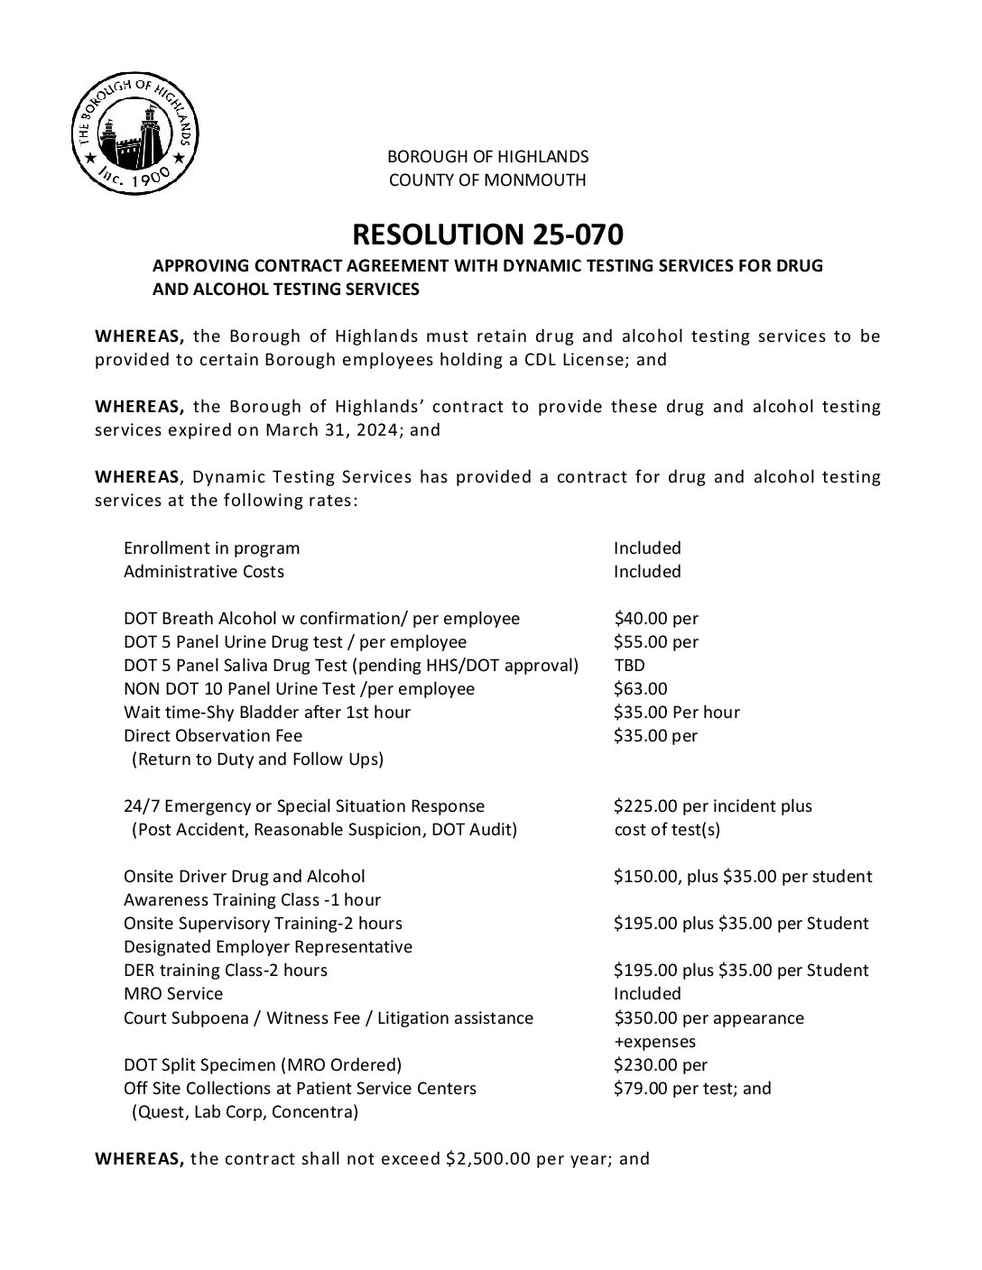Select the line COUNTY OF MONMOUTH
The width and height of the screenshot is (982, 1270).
(487, 180)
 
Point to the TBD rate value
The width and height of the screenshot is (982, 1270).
(629, 666)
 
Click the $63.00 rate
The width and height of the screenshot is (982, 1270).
(641, 689)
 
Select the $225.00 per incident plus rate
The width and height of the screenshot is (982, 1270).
(713, 806)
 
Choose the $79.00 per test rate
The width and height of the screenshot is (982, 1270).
(692, 1088)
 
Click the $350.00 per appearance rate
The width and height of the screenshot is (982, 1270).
(709, 1017)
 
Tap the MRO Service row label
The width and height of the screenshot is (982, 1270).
(173, 994)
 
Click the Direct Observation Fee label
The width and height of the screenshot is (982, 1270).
(213, 736)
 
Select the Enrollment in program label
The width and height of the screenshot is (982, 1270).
(212, 548)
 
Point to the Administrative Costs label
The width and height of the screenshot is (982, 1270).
(204, 572)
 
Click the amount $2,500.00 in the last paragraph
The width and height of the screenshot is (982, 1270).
(488, 1159)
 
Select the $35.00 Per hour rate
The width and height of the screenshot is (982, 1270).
(677, 713)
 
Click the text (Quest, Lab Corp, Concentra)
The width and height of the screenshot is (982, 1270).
(245, 1111)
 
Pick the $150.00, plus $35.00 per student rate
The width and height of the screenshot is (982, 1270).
(743, 877)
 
